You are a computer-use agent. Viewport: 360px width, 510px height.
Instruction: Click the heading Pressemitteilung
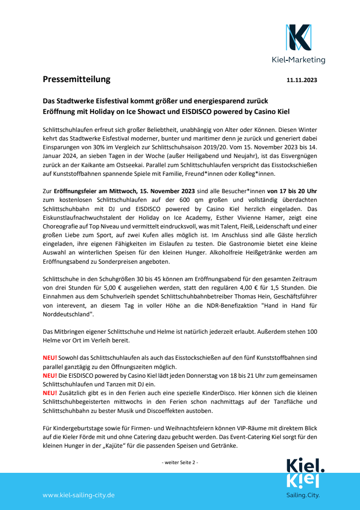tap(76, 79)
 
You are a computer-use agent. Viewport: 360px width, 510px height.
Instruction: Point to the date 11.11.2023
tap(302, 80)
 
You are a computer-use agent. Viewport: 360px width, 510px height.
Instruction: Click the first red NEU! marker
tap(50, 357)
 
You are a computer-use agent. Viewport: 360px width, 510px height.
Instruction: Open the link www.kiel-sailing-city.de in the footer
tap(79, 496)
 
